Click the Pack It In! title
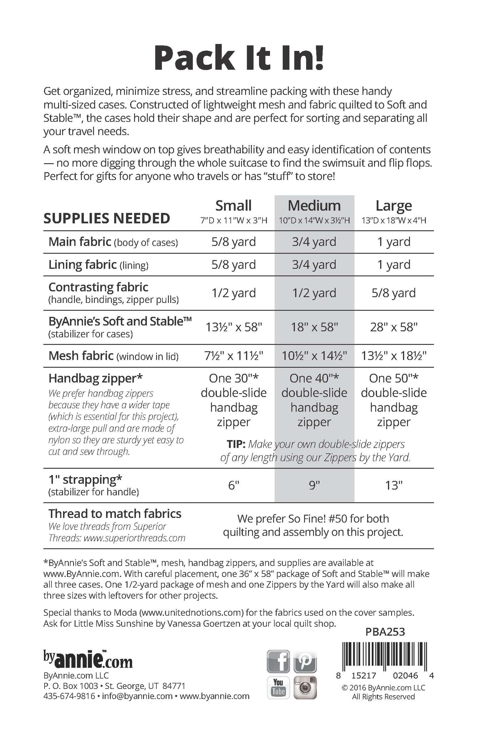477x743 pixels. pos(238,59)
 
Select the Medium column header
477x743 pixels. pos(314,206)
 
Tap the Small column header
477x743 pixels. pos(233,206)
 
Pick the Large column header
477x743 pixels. pos(393,206)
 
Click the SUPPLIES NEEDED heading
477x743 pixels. pos(107,218)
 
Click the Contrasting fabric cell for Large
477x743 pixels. pos(393,293)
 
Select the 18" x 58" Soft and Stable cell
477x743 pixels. pos(314,327)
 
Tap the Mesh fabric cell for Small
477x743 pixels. pos(233,356)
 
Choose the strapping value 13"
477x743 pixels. pos(393,485)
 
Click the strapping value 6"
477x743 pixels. pos(233,485)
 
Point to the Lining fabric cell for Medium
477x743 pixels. pos(314,265)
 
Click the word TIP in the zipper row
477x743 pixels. pos(236,444)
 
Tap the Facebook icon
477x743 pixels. pos(278,661)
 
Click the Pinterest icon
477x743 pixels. pos(305,661)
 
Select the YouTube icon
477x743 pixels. pos(278,688)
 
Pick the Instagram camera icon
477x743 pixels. pos(305,688)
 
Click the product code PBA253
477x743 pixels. pos(385,632)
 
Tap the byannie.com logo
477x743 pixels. pos(88,661)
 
